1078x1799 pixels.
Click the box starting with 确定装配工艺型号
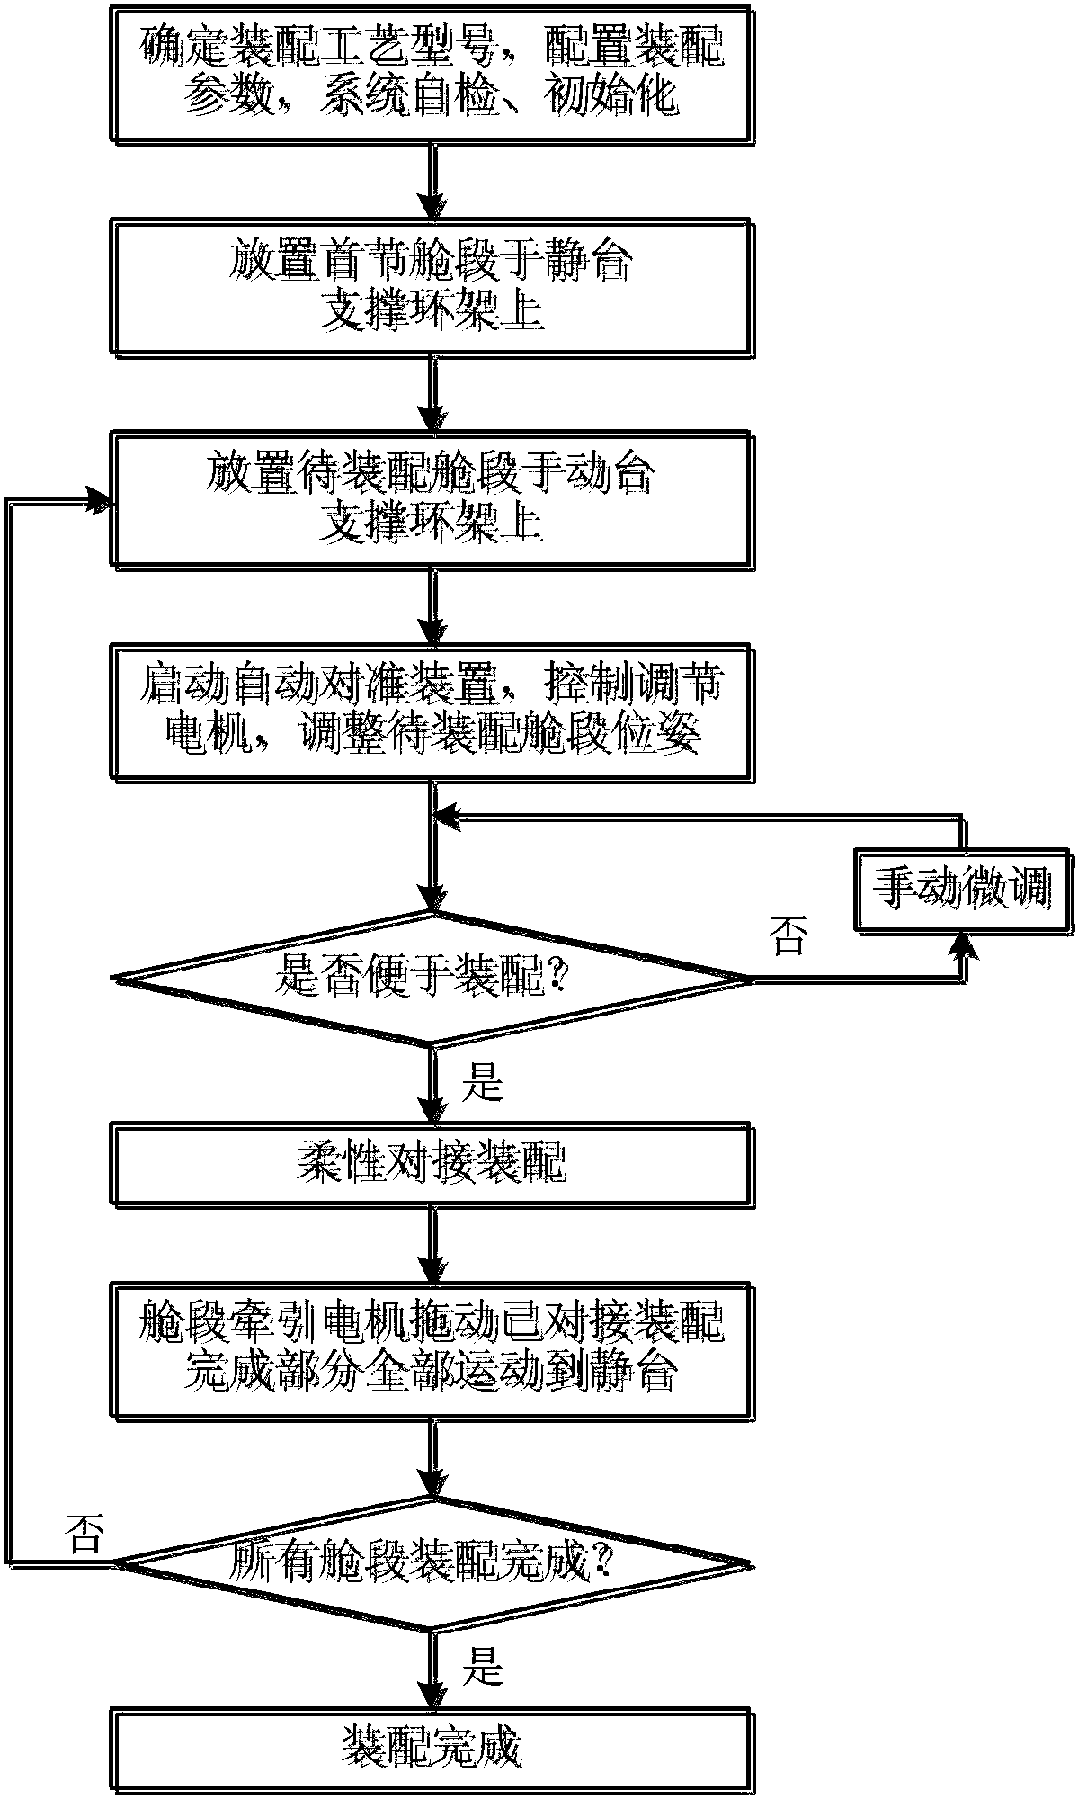pos(432,72)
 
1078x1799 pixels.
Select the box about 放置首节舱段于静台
pos(432,288)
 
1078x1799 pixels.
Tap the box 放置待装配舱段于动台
pos(432,499)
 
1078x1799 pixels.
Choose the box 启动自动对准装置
pos(432,711)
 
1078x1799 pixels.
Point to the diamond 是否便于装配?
pos(432,978)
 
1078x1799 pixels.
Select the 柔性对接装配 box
pos(432,1163)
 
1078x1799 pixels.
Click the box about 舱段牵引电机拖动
pos(432,1349)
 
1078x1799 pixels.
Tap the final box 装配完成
pos(432,1749)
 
